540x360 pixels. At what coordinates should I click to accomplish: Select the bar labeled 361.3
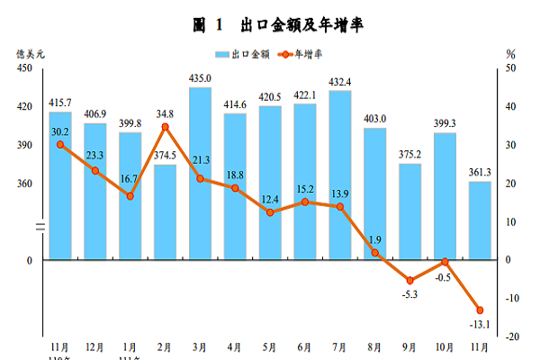pyautogui.click(x=480, y=220)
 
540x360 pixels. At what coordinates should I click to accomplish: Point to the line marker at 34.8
pyautogui.click(x=166, y=127)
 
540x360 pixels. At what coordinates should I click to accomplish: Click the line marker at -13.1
pyautogui.click(x=480, y=310)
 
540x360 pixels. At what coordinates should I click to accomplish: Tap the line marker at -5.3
pyautogui.click(x=409, y=281)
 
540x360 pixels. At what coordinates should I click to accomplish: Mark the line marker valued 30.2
pyautogui.click(x=60, y=144)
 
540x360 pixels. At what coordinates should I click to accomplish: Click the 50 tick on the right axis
pyautogui.click(x=510, y=68)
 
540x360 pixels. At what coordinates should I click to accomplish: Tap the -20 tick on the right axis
pyautogui.click(x=510, y=337)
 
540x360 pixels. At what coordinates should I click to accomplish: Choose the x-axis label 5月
pyautogui.click(x=270, y=346)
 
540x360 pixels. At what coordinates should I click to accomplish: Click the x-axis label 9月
pyautogui.click(x=409, y=346)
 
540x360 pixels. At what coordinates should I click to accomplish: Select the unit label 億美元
pyautogui.click(x=29, y=54)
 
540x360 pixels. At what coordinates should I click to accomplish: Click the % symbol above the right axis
pyautogui.click(x=510, y=54)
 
